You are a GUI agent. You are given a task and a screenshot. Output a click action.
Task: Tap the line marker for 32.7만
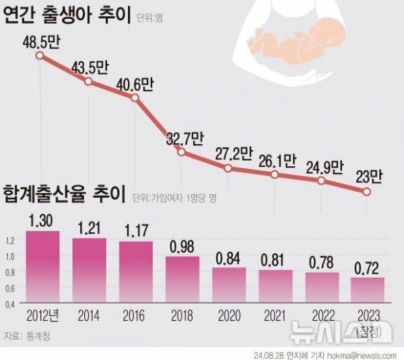(181, 152)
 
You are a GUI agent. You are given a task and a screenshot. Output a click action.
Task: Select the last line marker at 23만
(367, 192)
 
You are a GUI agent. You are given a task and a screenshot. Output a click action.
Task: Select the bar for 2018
(182, 279)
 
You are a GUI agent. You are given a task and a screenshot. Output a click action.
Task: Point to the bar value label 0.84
(229, 258)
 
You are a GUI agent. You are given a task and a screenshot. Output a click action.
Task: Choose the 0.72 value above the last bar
(368, 267)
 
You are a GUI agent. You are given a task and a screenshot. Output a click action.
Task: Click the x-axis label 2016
(135, 315)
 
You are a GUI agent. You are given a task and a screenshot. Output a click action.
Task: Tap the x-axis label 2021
(275, 315)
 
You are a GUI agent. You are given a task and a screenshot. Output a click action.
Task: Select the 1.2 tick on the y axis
(9, 240)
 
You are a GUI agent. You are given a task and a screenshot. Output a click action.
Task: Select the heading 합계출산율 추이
(65, 196)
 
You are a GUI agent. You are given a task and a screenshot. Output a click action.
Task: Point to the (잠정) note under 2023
(368, 330)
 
